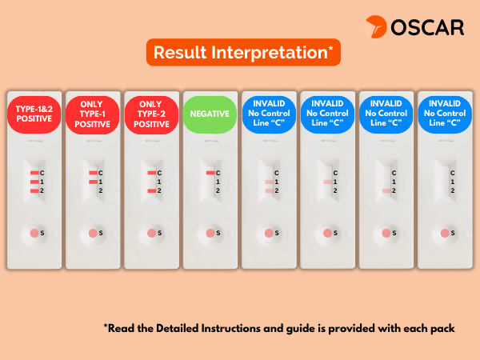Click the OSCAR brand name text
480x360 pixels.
(427, 27)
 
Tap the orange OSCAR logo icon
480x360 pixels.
(376, 26)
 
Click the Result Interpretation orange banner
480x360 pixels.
(243, 52)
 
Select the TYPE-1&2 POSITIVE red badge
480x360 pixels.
(34, 114)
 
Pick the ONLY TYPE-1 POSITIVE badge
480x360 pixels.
(93, 114)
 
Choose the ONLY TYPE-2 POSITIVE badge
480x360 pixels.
(151, 114)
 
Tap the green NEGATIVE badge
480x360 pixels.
(210, 114)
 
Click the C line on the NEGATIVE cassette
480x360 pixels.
(210, 173)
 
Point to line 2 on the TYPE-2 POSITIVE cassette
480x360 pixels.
(152, 191)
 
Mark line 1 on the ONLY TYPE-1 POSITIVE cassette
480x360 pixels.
(94, 182)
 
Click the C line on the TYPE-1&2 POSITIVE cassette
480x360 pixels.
(34, 173)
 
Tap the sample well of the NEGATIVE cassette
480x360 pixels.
(210, 234)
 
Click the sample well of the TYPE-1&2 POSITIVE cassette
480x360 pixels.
(34, 234)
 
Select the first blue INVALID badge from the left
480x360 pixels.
(269, 114)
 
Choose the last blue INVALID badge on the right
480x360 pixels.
(445, 114)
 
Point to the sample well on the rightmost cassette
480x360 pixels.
(445, 234)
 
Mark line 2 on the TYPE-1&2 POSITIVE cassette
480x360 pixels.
(34, 191)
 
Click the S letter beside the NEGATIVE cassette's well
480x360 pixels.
(218, 233)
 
